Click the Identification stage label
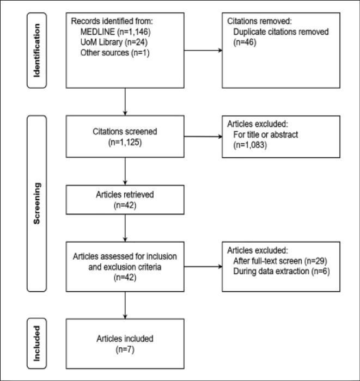pos(36,51)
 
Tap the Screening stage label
pos(36,203)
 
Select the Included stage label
pos(36,343)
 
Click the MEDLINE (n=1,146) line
pos(115,32)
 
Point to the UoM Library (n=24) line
pos(114,42)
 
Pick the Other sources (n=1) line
pos(115,53)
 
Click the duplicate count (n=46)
pos(245,42)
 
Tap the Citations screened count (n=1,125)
pos(125,142)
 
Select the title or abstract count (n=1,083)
pos(250,145)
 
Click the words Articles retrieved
pos(125,195)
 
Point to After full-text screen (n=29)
pos(280,261)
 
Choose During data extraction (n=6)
pos(282,272)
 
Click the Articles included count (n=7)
pos(125,349)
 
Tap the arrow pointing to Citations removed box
pos(203,51)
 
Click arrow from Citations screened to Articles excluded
pos(203,137)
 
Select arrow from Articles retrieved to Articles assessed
pos(125,228)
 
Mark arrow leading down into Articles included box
pos(125,305)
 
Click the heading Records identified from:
pos(112,21)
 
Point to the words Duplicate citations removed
pos(281,32)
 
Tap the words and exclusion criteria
pos(125,267)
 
